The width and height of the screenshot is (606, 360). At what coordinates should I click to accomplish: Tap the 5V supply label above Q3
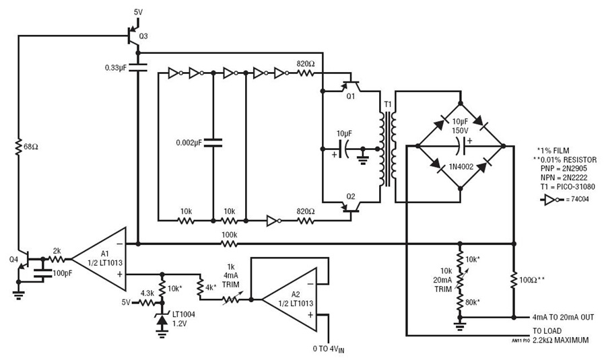click(x=139, y=12)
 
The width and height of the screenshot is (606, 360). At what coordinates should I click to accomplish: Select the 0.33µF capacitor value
click(x=118, y=68)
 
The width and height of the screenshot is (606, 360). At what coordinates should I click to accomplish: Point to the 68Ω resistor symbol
click(x=20, y=145)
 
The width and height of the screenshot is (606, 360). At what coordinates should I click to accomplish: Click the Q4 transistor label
click(x=14, y=259)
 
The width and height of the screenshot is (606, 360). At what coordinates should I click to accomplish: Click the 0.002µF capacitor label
click(x=187, y=143)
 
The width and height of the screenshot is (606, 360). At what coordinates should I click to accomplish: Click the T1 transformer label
click(x=387, y=104)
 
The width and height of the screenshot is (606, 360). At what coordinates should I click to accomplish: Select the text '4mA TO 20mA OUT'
click(x=563, y=316)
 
